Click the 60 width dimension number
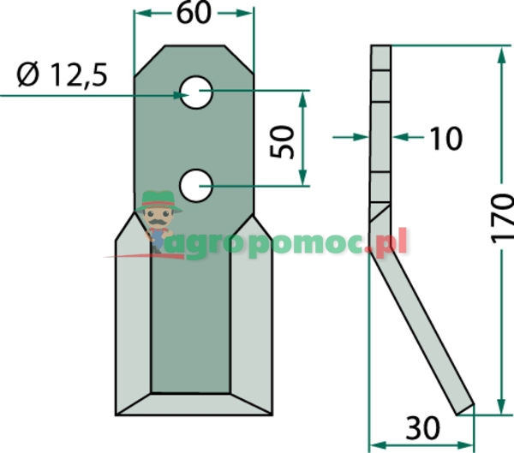point(194,14)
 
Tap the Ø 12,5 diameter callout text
point(63,75)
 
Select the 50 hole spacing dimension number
point(282,141)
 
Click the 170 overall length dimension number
point(502,218)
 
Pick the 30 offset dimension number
point(422,428)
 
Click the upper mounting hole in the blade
point(196,92)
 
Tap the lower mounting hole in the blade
point(196,186)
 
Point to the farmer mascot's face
point(158,218)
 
